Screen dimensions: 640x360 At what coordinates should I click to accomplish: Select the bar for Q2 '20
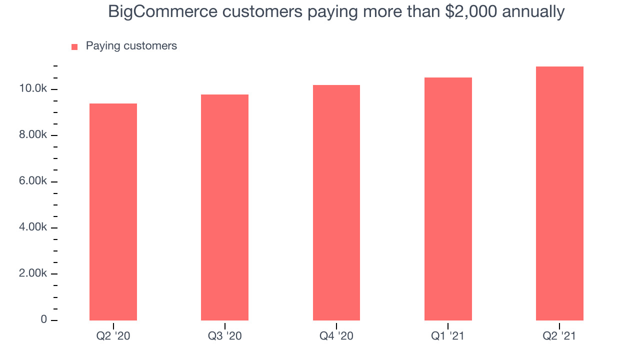click(113, 211)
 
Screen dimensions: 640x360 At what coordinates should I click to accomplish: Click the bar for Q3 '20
click(224, 207)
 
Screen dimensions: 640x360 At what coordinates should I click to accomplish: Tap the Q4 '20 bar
click(336, 202)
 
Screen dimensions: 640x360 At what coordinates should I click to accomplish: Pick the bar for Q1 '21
click(448, 199)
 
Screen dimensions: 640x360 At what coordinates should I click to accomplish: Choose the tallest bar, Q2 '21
click(559, 193)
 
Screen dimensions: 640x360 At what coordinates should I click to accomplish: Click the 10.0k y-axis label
click(33, 88)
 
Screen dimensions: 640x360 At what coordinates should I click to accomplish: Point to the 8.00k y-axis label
click(33, 134)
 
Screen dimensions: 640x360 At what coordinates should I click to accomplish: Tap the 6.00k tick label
click(33, 181)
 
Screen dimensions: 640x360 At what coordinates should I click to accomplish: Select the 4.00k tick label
click(33, 227)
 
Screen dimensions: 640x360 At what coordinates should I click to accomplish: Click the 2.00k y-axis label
click(33, 273)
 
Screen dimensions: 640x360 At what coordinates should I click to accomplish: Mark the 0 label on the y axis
click(43, 319)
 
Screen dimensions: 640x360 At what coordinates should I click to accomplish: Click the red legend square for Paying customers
click(74, 47)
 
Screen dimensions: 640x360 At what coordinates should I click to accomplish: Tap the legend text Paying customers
click(131, 46)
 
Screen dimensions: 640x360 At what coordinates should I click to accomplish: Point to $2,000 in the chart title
click(471, 12)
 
